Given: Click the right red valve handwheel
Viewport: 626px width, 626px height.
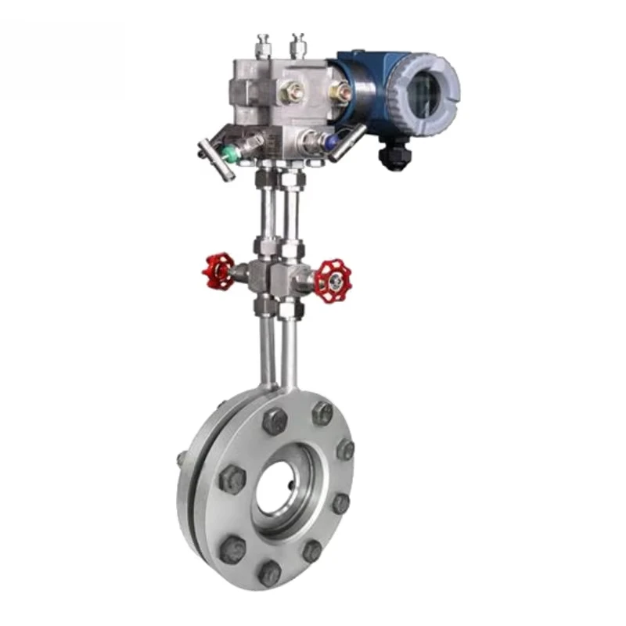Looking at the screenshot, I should coord(333,281).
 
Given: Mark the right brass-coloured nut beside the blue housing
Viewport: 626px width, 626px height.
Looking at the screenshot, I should coord(341,94).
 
